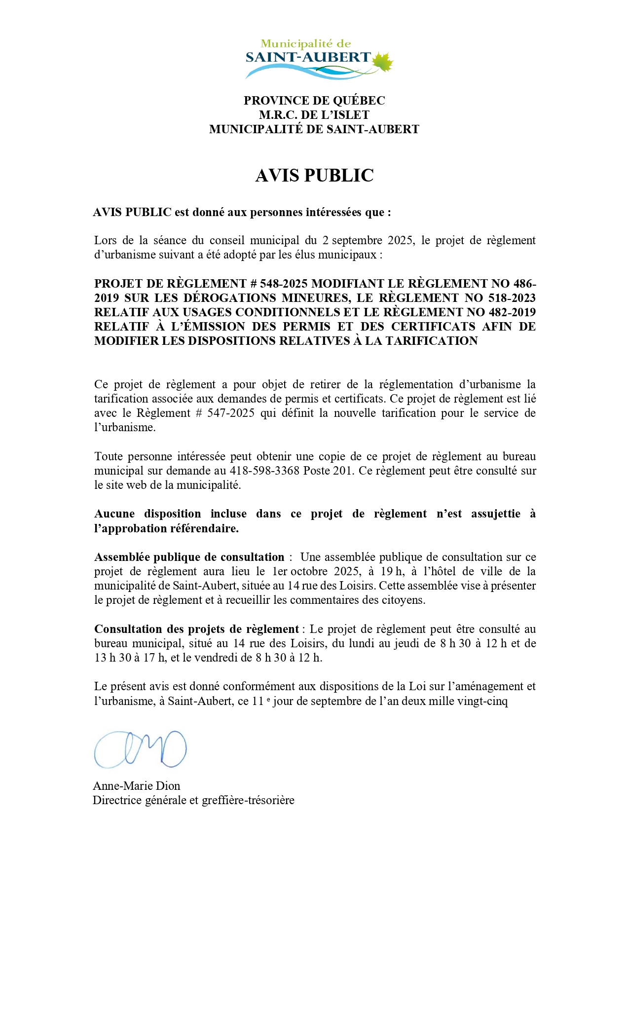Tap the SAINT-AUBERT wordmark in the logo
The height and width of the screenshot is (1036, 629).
point(308,58)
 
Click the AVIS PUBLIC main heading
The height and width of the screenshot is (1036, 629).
point(314,176)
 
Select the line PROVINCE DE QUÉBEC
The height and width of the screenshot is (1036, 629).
point(314,101)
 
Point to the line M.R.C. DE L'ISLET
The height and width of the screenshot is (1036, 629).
point(314,115)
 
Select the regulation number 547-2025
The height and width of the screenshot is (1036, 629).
point(231,413)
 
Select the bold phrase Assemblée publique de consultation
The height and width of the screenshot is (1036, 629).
point(189,557)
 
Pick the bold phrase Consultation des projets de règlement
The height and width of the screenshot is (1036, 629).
point(196,629)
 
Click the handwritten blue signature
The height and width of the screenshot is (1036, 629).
point(140,749)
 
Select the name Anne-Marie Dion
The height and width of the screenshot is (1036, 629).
point(137,786)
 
